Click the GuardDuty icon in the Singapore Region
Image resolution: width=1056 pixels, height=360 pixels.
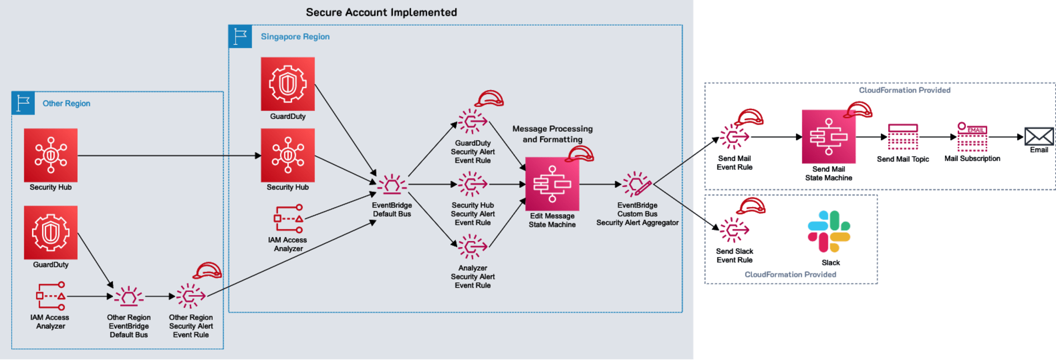288,84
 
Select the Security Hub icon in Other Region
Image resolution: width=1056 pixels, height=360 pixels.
51,155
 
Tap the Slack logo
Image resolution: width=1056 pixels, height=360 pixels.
829,232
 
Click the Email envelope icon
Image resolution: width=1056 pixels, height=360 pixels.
1039,136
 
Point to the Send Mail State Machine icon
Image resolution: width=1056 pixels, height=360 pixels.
828,137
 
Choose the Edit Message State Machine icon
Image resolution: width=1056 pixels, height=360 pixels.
552,184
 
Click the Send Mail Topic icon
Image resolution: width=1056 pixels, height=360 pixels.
903,137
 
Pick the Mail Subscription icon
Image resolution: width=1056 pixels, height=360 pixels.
972,137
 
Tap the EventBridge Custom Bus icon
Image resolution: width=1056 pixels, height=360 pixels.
637,184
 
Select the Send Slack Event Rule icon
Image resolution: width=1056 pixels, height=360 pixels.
734,230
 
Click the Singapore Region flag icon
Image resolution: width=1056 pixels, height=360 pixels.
240,36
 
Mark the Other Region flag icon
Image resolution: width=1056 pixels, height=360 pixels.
23,103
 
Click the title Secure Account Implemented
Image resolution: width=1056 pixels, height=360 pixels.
381,12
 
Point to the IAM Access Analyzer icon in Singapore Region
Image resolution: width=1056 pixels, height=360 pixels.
288,218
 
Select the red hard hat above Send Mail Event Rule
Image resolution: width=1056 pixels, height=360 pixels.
750,117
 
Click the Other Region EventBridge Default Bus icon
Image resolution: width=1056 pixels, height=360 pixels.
129,297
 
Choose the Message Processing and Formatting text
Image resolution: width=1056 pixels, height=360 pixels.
552,134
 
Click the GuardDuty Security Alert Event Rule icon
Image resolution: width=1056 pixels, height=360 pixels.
472,122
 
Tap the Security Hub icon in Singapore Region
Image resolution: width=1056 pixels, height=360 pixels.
288,155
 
